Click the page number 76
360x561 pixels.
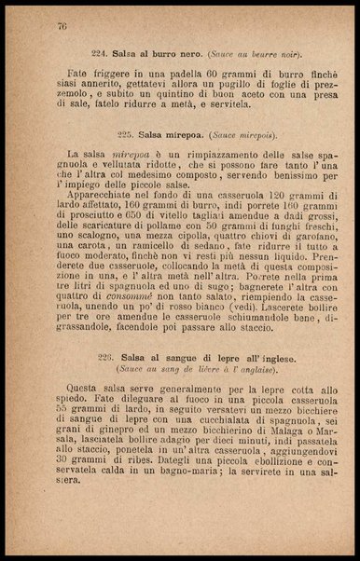coord(62,25)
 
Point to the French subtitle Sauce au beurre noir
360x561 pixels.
coord(256,52)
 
